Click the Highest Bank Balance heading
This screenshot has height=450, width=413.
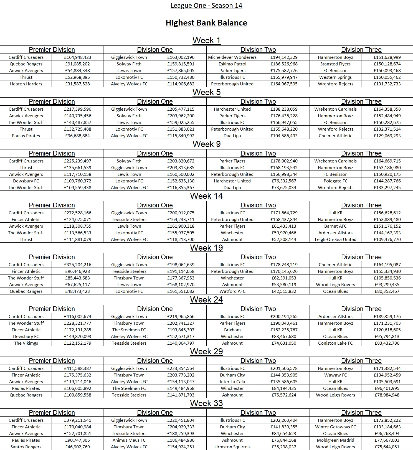[206, 23]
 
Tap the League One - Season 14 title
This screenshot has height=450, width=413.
[206, 6]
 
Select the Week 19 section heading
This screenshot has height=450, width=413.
[206, 248]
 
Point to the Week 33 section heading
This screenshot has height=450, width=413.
[206, 403]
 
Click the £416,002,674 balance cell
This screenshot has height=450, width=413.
[77, 316]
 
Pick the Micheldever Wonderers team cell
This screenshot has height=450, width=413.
[232, 57]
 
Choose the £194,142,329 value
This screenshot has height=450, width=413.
[284, 57]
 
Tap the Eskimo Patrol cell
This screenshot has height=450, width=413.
[232, 64]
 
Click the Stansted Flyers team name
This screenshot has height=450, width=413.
[335, 64]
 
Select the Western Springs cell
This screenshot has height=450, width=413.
[335, 77]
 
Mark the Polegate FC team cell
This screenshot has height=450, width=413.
[335, 181]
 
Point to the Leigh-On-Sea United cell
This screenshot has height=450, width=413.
[335, 240]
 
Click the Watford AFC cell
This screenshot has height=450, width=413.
[232, 291]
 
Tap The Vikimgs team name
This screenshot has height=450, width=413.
[26, 343]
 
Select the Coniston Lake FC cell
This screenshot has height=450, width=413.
[335, 343]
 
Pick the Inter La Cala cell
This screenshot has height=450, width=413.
[232, 382]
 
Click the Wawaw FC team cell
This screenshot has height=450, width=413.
[335, 375]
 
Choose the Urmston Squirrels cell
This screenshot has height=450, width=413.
[232, 447]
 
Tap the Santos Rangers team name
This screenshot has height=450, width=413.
[26, 447]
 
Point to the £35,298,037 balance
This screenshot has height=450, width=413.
[284, 447]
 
